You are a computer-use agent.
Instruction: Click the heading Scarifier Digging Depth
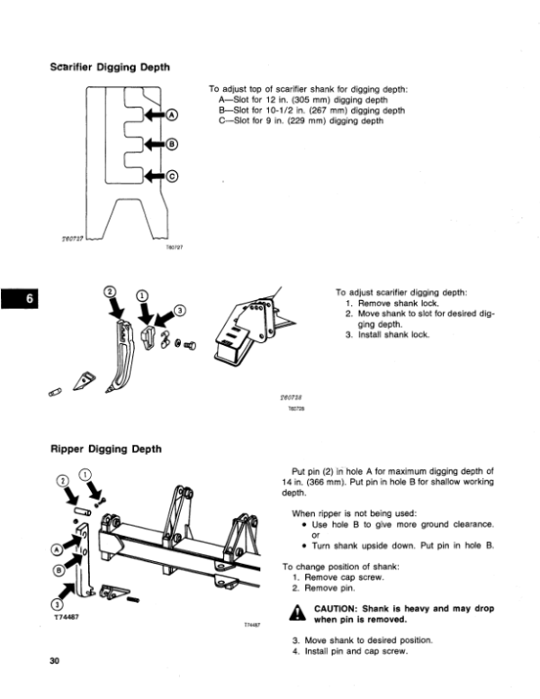tap(112, 67)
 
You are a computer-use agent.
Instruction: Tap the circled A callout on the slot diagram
tap(173, 115)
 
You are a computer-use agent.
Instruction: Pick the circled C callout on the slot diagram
tap(173, 176)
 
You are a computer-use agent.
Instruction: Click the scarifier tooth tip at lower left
tap(86, 379)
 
